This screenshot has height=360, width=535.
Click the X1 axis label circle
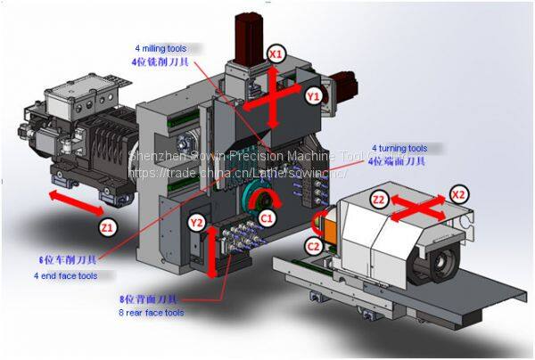pos(277,54)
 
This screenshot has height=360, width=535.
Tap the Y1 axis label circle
pos(313,94)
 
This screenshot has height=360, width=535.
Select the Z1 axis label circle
pos(107,229)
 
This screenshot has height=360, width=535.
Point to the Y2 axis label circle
pos(198,220)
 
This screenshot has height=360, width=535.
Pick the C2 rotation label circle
pos(314,246)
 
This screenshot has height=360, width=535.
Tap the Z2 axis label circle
pos(379,199)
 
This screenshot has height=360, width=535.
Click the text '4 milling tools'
pos(161,46)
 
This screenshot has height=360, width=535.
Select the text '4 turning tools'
pos(399,148)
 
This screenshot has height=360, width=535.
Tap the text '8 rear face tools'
pos(152,313)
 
